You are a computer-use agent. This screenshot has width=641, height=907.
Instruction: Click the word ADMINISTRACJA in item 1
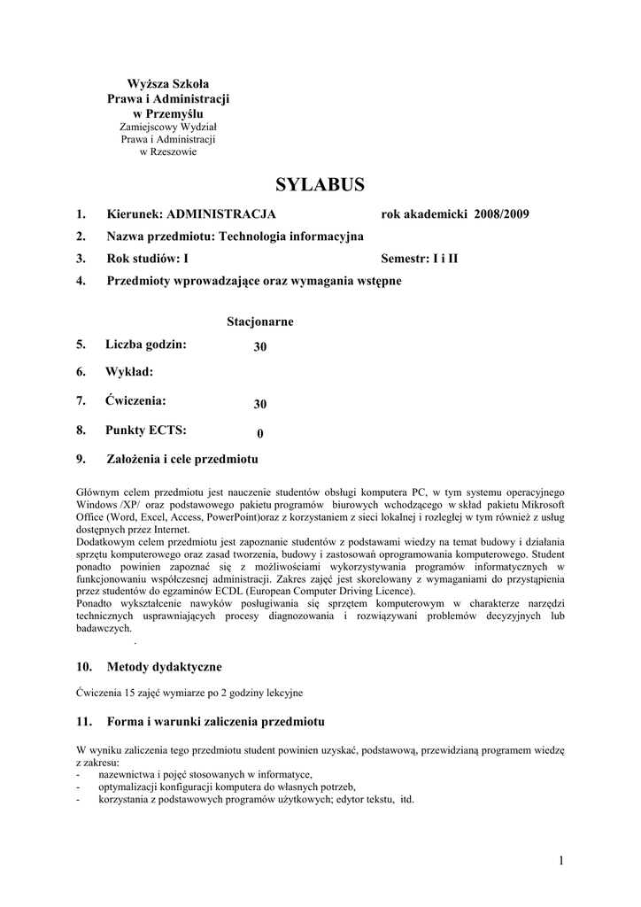[x=221, y=214]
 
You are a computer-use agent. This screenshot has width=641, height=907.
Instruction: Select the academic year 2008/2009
[x=502, y=214]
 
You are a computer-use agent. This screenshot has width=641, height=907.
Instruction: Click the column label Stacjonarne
[x=260, y=322]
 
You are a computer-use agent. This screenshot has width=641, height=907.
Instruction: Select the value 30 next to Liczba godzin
[x=260, y=347]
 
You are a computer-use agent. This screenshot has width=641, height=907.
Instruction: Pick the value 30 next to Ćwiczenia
[x=260, y=404]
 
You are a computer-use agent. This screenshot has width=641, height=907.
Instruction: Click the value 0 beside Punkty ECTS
[x=260, y=433]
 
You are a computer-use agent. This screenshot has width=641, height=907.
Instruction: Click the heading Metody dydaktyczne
[x=165, y=666]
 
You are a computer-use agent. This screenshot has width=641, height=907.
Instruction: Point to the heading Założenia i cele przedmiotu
[x=182, y=459]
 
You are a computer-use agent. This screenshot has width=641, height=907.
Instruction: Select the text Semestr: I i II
[x=420, y=259]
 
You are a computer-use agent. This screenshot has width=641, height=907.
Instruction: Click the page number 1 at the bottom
[x=561, y=860]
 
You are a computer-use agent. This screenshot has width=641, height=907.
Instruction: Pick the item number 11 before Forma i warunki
[x=82, y=721]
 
